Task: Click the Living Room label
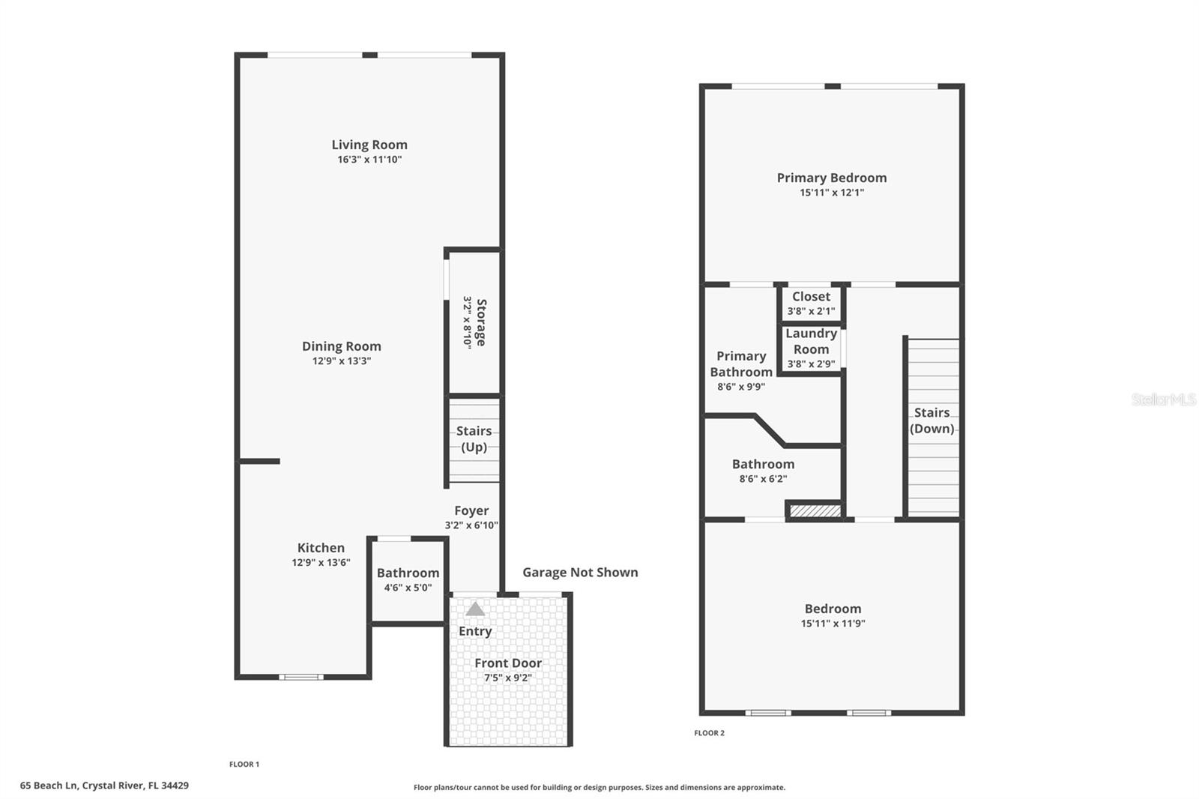[369, 145]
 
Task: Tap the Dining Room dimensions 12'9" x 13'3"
[342, 361]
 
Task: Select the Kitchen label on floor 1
[321, 548]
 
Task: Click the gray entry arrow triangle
[475, 609]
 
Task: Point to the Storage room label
[480, 322]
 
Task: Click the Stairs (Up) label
[474, 438]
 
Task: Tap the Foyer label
[471, 510]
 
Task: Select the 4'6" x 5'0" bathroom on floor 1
[408, 579]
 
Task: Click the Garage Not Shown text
[580, 572]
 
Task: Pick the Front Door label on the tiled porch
[507, 663]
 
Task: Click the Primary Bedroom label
[831, 178]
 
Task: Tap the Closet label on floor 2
[811, 296]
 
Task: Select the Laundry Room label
[811, 341]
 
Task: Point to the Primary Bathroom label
[741, 364]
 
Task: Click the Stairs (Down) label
[931, 420]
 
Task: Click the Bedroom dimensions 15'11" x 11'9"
[833, 623]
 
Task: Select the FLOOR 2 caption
[709, 733]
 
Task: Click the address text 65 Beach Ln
[104, 786]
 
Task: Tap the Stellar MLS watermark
[1163, 399]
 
